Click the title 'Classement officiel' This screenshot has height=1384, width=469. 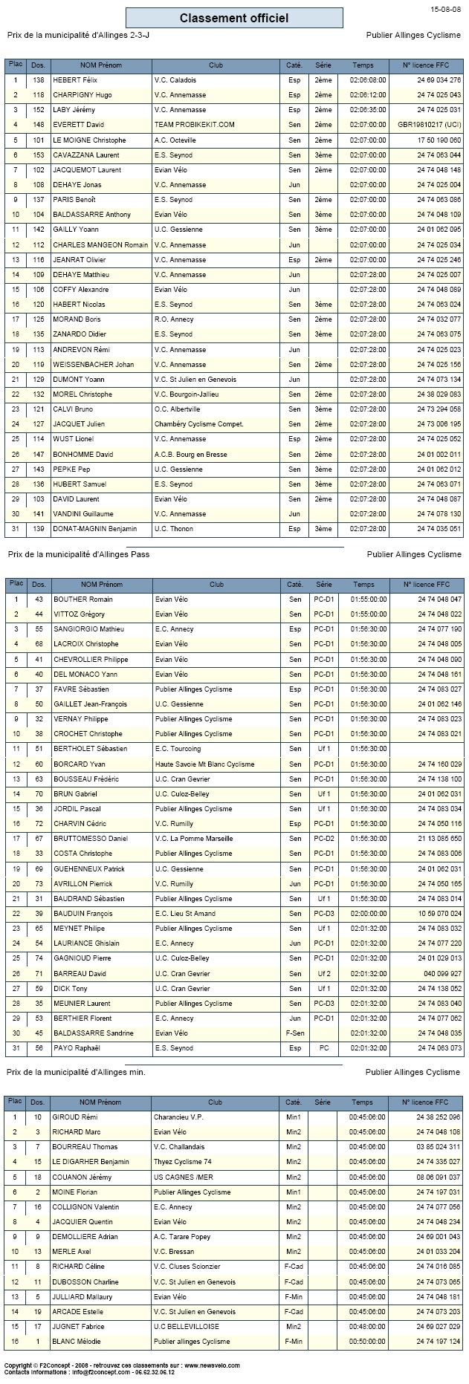click(234, 18)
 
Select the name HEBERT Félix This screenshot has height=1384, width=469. click(75, 80)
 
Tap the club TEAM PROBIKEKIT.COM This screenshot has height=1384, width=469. click(194, 125)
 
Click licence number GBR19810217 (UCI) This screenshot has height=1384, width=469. click(429, 125)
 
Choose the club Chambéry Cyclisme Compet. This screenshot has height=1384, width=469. click(199, 424)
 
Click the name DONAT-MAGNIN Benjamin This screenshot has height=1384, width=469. click(94, 529)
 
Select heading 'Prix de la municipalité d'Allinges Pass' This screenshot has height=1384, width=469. click(78, 554)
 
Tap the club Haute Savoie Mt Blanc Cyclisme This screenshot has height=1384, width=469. click(204, 764)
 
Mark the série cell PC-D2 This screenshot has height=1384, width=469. click(323, 839)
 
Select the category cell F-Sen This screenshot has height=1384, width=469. click(295, 1033)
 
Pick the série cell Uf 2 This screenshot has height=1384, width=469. click(323, 973)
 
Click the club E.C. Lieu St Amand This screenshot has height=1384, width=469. click(185, 914)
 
